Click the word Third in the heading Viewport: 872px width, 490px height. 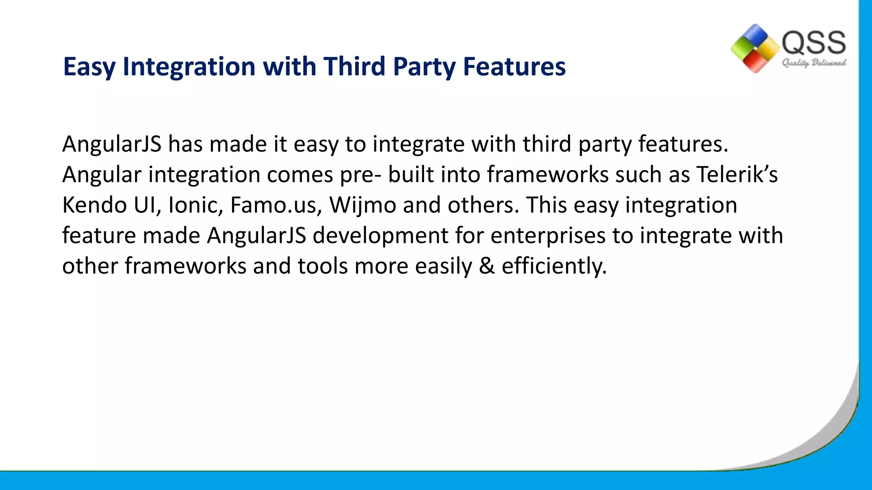click(x=354, y=67)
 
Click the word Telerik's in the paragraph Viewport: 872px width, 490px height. click(x=737, y=175)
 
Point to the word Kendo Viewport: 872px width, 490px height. click(x=95, y=205)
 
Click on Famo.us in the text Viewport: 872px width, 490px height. click(x=276, y=205)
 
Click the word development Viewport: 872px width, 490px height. click(x=380, y=236)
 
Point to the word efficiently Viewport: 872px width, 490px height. click(x=554, y=267)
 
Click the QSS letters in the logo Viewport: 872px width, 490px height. click(x=814, y=43)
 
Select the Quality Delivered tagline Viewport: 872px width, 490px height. click(x=814, y=63)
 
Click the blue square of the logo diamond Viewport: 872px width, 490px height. click(x=756, y=34)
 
